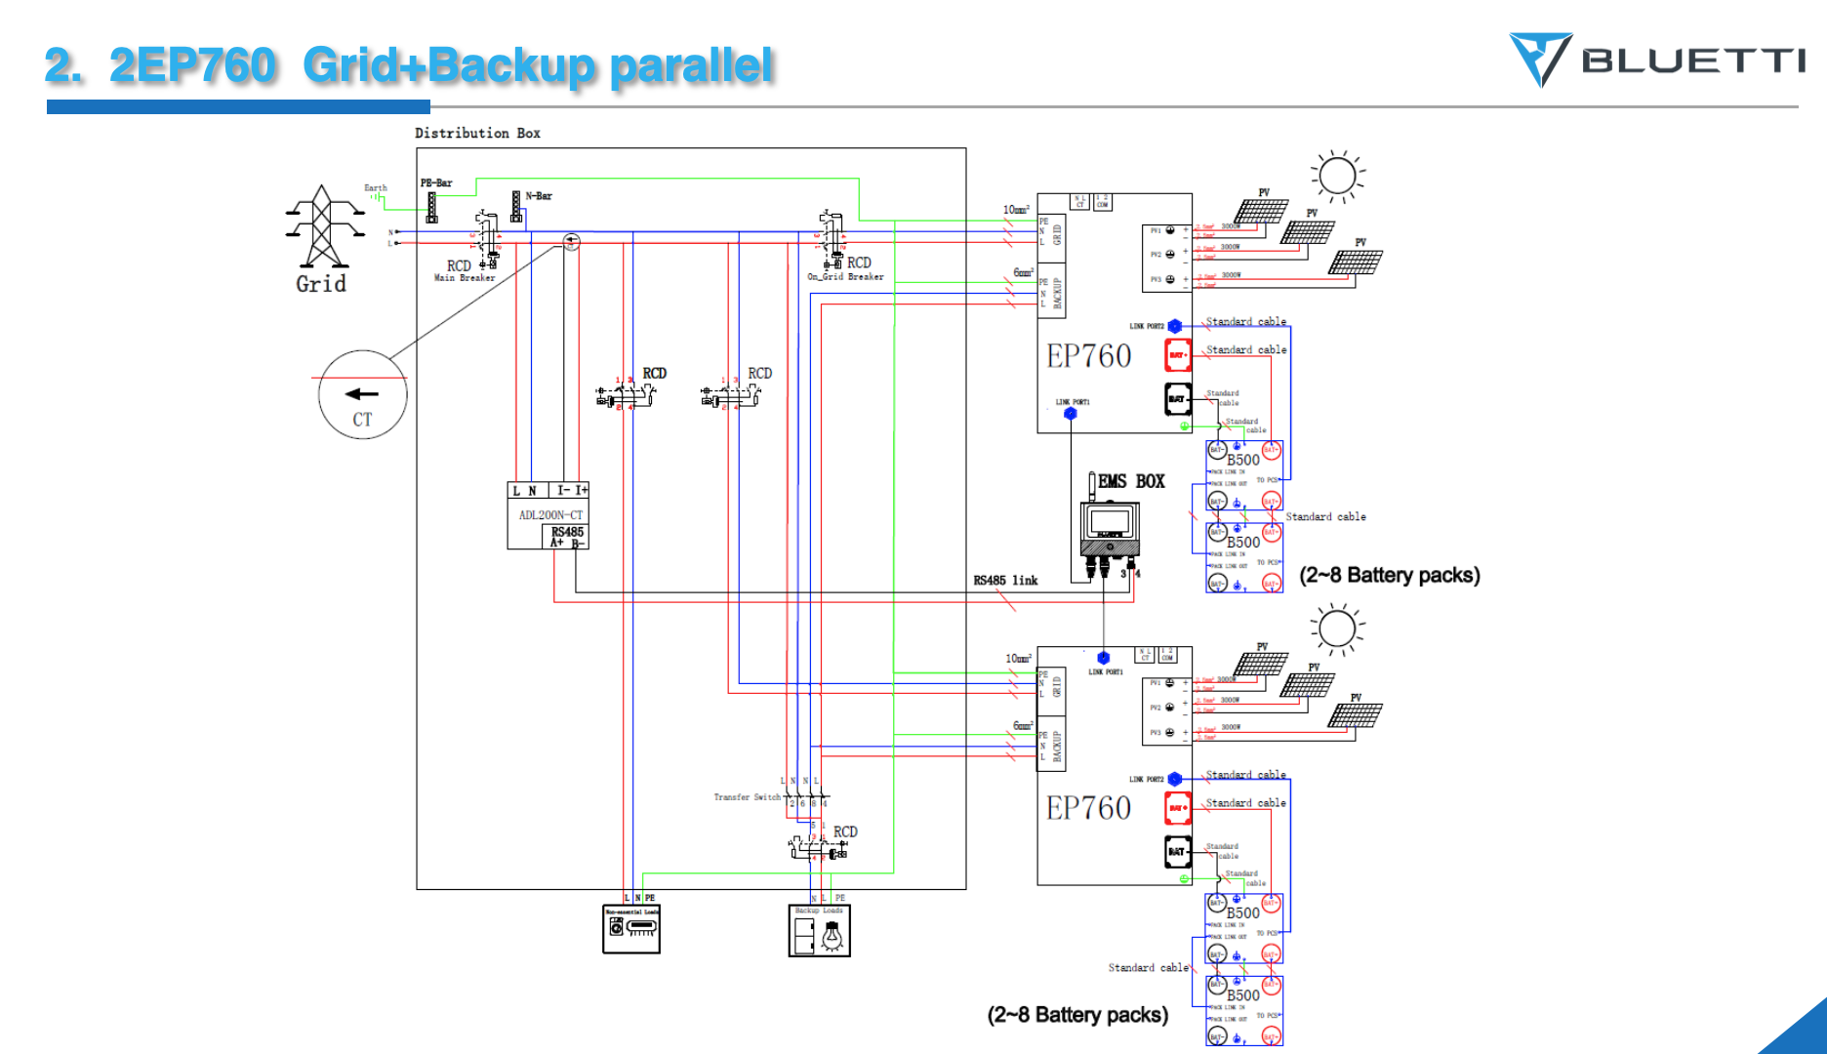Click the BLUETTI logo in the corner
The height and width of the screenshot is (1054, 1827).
pyautogui.click(x=1657, y=61)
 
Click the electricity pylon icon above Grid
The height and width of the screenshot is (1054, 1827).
pyautogui.click(x=323, y=226)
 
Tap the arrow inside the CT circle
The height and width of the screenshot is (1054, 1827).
pyautogui.click(x=361, y=394)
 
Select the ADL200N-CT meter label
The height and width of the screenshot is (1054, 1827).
pyautogui.click(x=550, y=515)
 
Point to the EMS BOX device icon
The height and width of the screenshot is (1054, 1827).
pyautogui.click(x=1110, y=533)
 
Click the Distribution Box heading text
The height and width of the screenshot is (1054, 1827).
pyautogui.click(x=477, y=133)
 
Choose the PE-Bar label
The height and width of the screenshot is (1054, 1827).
pyautogui.click(x=436, y=182)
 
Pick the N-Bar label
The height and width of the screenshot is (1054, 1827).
pyautogui.click(x=539, y=196)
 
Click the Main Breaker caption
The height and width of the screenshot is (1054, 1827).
pyautogui.click(x=465, y=278)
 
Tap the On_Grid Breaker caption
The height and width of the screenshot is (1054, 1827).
pyautogui.click(x=845, y=277)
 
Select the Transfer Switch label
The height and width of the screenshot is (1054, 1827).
pyautogui.click(x=747, y=797)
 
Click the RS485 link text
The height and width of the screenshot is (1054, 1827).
pyautogui.click(x=1005, y=581)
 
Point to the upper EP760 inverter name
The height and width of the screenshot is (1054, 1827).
pyautogui.click(x=1088, y=356)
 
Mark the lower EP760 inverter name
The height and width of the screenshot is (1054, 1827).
pyautogui.click(x=1088, y=808)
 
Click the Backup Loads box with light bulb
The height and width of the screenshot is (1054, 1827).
pyautogui.click(x=820, y=931)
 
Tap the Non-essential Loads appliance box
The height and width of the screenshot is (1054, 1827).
pyautogui.click(x=631, y=929)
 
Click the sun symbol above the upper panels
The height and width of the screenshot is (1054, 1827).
pyautogui.click(x=1337, y=177)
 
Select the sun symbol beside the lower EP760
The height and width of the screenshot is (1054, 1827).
pyautogui.click(x=1337, y=628)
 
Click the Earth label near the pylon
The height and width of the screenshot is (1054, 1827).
pyautogui.click(x=376, y=187)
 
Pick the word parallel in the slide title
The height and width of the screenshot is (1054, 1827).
pyautogui.click(x=691, y=66)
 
